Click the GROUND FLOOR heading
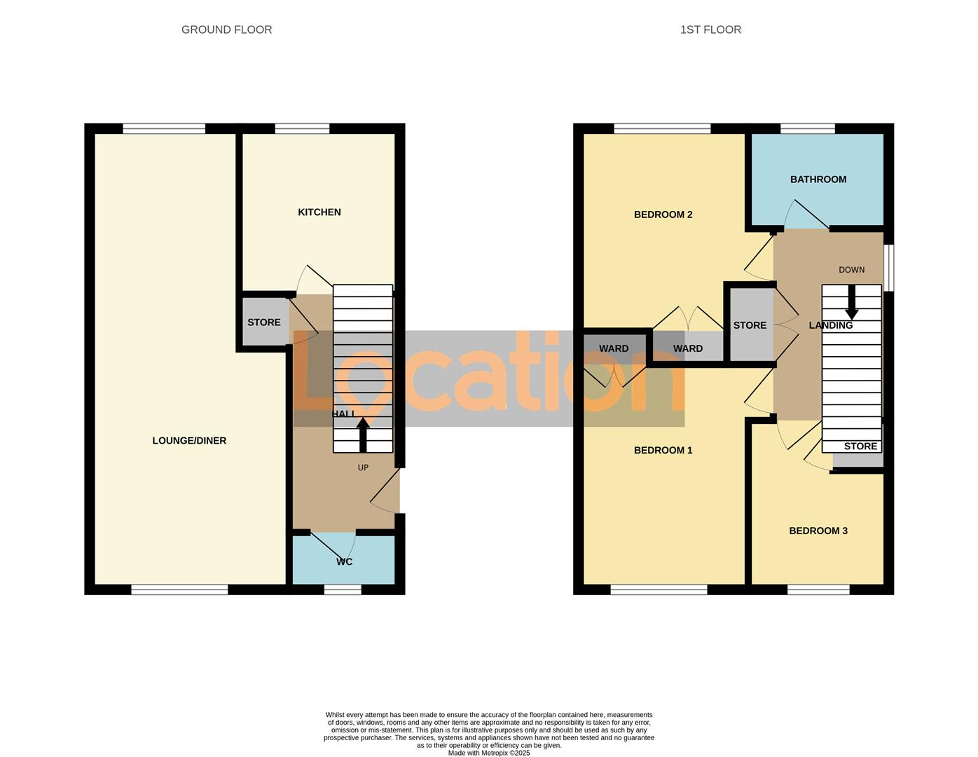pyautogui.click(x=226, y=29)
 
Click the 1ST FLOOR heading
pyautogui.click(x=710, y=29)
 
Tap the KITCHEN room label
pyautogui.click(x=319, y=212)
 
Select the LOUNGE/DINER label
pyautogui.click(x=189, y=441)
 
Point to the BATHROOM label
pyautogui.click(x=818, y=179)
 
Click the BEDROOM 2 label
pyautogui.click(x=663, y=214)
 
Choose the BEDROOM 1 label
pyautogui.click(x=663, y=450)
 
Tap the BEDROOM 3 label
pyautogui.click(x=818, y=531)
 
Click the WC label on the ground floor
pyautogui.click(x=344, y=562)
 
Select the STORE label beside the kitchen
pyautogui.click(x=264, y=322)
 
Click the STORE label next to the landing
pyautogui.click(x=750, y=325)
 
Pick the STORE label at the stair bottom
pyautogui.click(x=860, y=446)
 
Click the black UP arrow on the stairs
pyautogui.click(x=363, y=435)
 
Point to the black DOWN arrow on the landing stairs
pyautogui.click(x=851, y=302)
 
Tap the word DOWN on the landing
pyautogui.click(x=851, y=270)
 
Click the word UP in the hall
pyautogui.click(x=363, y=468)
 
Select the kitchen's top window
pyautogui.click(x=302, y=128)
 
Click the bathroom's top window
pyautogui.click(x=808, y=128)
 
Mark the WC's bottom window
pyautogui.click(x=343, y=590)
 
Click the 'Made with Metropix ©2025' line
pyautogui.click(x=489, y=753)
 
